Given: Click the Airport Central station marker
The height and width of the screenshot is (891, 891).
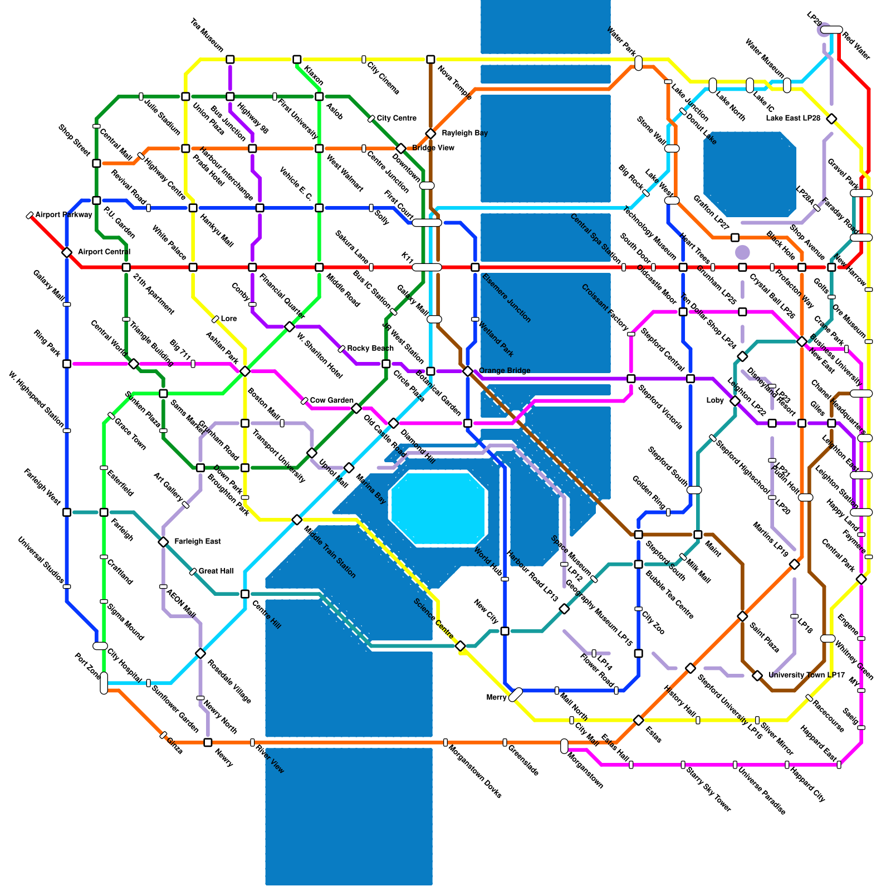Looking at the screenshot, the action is (67, 252).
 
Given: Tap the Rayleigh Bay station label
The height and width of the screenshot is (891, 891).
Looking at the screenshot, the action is (464, 133).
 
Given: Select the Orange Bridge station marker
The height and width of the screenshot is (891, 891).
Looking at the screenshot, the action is (468, 371).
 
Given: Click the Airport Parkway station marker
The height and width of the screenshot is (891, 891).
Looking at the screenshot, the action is (30, 215).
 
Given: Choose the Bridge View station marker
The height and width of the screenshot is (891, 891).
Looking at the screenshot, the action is (401, 148).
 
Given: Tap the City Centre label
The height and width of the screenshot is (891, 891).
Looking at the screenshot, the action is (396, 118).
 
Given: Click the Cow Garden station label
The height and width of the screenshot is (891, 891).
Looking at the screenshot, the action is (331, 400).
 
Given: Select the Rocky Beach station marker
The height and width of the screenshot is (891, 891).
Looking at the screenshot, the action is (341, 349).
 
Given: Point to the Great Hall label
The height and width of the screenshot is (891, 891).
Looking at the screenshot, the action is (216, 571).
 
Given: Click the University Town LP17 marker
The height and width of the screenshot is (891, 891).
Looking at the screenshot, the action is (757, 675).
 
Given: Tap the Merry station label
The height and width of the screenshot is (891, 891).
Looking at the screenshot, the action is (496, 697).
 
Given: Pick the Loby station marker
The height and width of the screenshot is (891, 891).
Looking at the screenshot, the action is (735, 401).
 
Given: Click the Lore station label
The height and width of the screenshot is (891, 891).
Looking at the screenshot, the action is (228, 319).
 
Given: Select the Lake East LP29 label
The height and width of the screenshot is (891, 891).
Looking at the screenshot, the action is (793, 118).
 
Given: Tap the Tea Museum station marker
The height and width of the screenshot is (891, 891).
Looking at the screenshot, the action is (230, 60).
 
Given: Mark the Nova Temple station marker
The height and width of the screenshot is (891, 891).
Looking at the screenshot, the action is (430, 60).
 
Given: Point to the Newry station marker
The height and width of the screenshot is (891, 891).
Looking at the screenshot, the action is (208, 742).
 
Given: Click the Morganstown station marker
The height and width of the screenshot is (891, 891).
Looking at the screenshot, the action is (564, 746).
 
